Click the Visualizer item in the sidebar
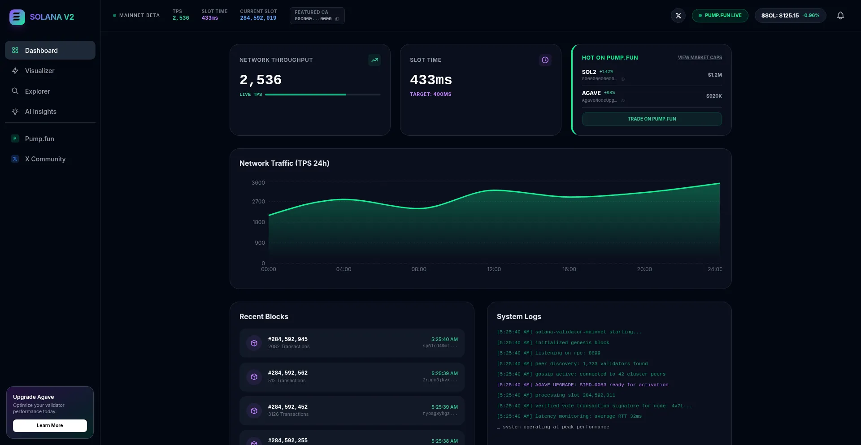(39, 71)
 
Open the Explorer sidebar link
(37, 91)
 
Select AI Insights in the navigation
(40, 112)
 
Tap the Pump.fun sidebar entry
(39, 139)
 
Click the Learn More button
(50, 426)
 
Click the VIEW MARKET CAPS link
(700, 58)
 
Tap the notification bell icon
(840, 16)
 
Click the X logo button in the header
(678, 16)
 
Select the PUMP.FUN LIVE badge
(720, 16)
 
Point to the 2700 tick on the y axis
(258, 202)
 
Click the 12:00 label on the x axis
(494, 269)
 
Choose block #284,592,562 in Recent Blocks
(287, 373)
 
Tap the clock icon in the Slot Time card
(545, 60)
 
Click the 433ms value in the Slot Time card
(430, 80)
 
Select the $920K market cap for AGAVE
(713, 96)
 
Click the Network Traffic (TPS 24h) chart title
(284, 164)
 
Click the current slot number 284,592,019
(258, 18)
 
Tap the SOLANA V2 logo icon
(17, 17)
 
